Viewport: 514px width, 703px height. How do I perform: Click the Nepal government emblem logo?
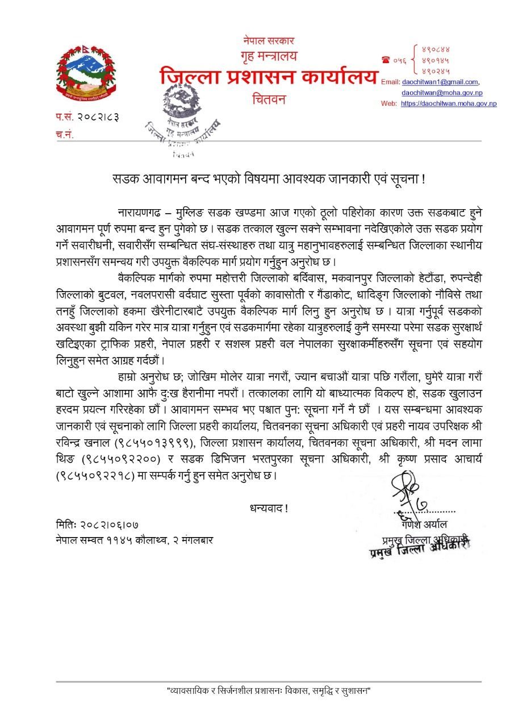click(x=85, y=73)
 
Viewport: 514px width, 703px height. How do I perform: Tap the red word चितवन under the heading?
click(x=269, y=99)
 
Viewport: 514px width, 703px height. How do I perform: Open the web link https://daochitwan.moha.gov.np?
click(x=449, y=103)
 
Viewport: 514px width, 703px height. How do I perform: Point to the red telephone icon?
click(x=386, y=60)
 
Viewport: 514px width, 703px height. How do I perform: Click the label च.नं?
click(x=64, y=135)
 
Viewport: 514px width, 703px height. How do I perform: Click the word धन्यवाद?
click(x=269, y=508)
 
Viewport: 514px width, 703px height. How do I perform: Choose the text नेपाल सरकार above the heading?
click(x=269, y=41)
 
